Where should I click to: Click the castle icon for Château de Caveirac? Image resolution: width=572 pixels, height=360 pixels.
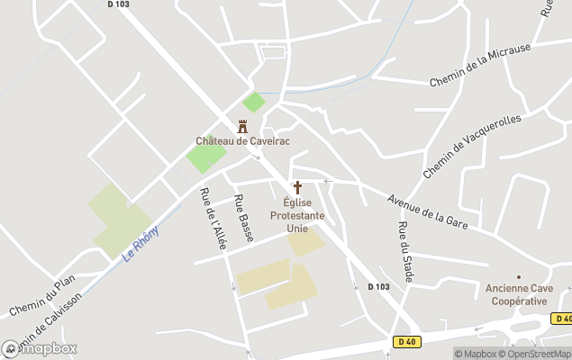[242, 127]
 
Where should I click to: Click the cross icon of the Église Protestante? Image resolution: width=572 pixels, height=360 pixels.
[297, 188]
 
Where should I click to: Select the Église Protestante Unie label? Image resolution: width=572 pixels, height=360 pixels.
[297, 216]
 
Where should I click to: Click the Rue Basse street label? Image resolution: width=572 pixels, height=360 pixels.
[243, 218]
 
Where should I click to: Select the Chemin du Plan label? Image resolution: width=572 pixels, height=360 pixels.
[41, 296]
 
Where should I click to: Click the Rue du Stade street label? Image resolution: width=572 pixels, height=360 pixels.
[404, 252]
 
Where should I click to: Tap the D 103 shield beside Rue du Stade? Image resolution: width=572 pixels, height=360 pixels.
[379, 287]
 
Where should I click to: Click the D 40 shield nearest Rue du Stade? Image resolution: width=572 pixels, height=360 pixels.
[407, 341]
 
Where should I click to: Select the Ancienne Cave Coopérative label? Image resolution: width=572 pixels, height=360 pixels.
[518, 294]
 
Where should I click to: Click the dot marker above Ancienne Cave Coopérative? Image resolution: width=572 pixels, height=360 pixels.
[518, 276]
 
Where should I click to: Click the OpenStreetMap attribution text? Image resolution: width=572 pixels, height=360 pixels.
[538, 354]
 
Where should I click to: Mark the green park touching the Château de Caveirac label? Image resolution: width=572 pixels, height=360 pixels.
[206, 158]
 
